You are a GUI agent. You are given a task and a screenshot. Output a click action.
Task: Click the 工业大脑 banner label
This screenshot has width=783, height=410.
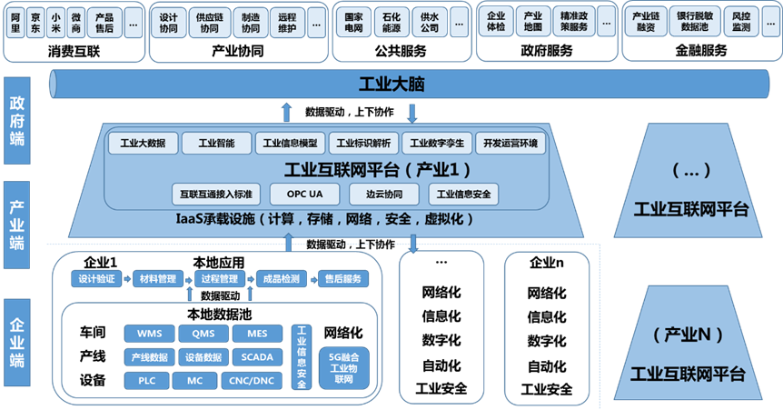pos(391,86)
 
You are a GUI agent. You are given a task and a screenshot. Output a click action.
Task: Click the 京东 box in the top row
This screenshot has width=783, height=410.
pos(35,22)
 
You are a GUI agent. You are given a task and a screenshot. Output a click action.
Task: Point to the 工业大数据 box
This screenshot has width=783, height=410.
pos(143,144)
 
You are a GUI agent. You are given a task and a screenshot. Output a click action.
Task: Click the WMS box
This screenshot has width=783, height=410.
pos(149,334)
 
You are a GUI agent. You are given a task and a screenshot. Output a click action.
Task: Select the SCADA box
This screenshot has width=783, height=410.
pos(257,356)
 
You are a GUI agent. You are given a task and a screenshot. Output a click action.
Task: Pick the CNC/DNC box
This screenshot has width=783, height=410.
pos(252,380)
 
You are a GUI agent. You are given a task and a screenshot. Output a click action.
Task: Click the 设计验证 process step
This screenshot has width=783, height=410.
pos(96,279)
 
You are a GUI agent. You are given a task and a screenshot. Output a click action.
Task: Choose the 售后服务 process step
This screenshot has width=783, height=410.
pos(342,279)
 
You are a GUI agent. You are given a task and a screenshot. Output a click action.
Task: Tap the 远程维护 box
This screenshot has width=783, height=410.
pos(287,22)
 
